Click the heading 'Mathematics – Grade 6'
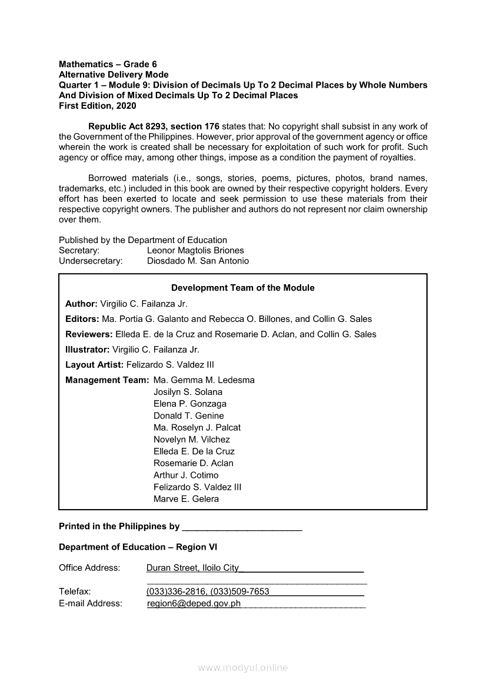(108, 64)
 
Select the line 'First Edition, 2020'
(97, 106)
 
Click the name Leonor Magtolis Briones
(195, 250)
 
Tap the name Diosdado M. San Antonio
(198, 261)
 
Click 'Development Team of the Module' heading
(242, 288)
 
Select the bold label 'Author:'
(81, 304)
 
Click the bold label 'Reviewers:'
(89, 334)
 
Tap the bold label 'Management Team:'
(107, 380)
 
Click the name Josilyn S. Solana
(188, 392)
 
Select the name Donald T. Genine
(189, 416)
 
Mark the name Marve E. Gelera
(186, 499)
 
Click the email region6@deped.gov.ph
(194, 603)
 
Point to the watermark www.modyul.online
(243, 667)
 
